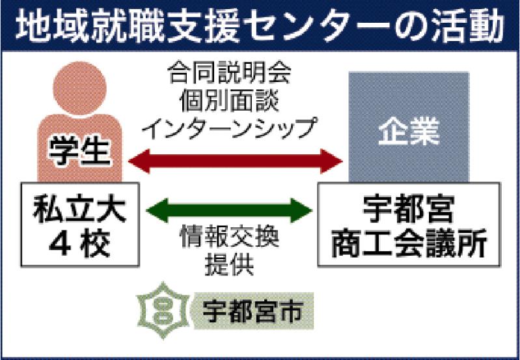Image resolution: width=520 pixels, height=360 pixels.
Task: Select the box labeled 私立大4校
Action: (78, 224)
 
